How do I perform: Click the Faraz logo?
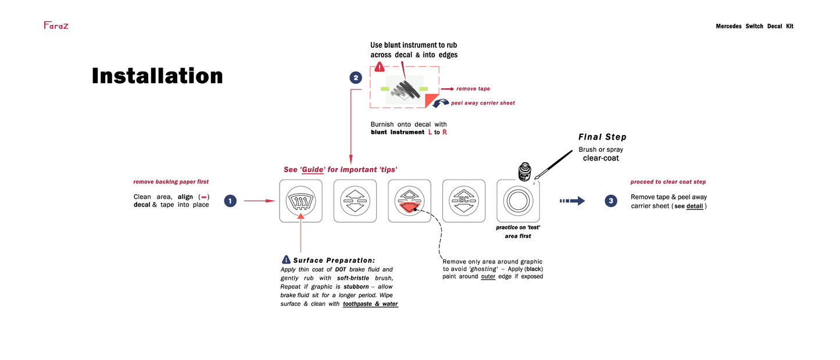click(x=56, y=25)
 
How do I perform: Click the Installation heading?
click(x=157, y=76)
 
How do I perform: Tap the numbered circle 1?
click(x=230, y=201)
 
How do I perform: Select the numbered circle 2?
click(x=355, y=77)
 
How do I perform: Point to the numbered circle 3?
click(x=610, y=201)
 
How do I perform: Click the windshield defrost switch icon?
click(x=301, y=201)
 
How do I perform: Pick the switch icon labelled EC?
click(x=463, y=201)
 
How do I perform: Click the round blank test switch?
click(x=517, y=201)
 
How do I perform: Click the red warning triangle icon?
click(x=379, y=67)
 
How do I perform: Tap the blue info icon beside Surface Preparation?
click(x=286, y=259)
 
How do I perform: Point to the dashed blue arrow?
click(x=572, y=201)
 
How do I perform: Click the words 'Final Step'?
click(x=602, y=137)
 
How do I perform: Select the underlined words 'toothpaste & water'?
click(x=370, y=304)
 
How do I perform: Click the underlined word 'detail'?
click(x=695, y=206)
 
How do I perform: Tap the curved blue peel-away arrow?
click(x=441, y=103)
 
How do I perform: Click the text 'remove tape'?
click(x=473, y=89)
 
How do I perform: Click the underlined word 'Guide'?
click(x=312, y=170)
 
